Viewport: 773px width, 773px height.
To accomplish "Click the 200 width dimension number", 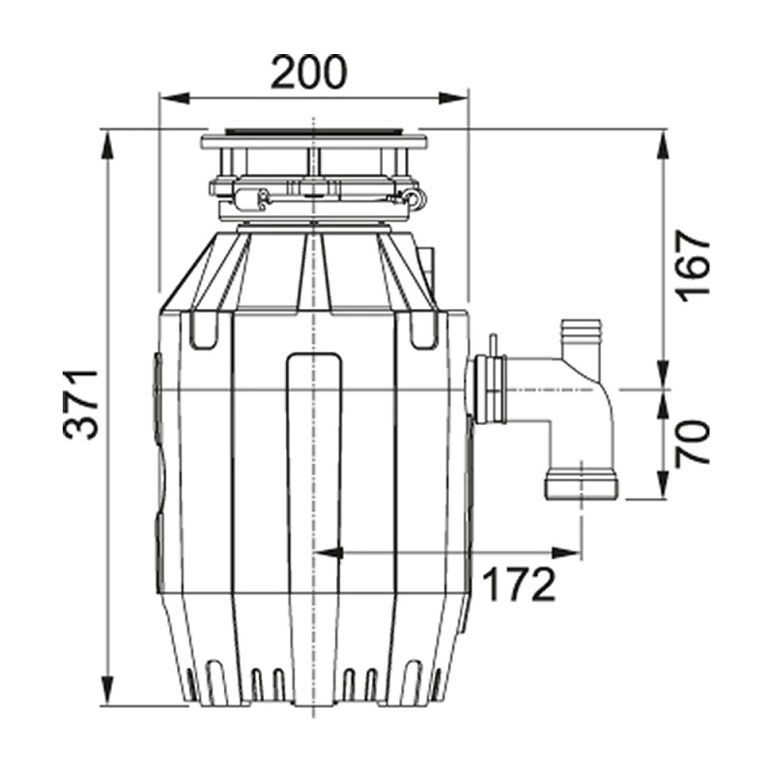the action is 309,72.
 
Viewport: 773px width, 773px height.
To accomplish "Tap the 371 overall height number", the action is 81,404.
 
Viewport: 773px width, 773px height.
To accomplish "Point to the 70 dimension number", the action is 692,444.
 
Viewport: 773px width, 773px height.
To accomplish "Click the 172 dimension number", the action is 518,585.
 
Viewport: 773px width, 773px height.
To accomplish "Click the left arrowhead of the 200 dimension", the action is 174,99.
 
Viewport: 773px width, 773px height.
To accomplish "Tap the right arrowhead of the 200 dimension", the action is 452,99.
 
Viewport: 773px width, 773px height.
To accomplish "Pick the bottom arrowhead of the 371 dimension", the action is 107,691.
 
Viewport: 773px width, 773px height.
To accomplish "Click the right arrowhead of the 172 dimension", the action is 567,553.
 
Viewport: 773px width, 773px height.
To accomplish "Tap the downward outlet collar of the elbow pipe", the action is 582,485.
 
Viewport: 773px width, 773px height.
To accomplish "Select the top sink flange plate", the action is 314,140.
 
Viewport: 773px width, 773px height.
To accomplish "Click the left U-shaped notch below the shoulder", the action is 204,330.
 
